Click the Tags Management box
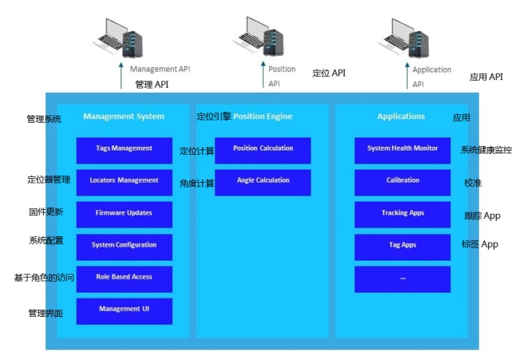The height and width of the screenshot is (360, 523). [x=125, y=150]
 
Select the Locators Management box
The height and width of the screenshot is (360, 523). [x=125, y=182]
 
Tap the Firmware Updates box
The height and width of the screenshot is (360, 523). [x=125, y=215]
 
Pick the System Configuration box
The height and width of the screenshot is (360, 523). [x=125, y=247]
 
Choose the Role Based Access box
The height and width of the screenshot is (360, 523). [x=125, y=279]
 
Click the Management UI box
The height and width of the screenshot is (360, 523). [x=125, y=311]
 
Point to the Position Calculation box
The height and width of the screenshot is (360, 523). [x=263, y=150]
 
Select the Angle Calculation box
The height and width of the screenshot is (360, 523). [x=263, y=182]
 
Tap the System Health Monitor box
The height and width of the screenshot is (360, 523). [x=402, y=150]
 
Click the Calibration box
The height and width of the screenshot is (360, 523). [x=402, y=182]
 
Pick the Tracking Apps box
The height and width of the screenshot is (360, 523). [x=402, y=215]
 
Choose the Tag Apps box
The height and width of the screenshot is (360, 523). [x=402, y=247]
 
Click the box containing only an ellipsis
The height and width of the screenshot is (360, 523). [x=402, y=279]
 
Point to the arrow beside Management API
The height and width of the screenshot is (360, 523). [x=121, y=76]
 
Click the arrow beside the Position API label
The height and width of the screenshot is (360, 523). [x=263, y=75]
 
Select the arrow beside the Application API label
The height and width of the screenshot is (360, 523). [x=407, y=76]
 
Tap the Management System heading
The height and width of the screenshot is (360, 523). [x=124, y=117]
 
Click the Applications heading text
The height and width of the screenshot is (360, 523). [x=402, y=117]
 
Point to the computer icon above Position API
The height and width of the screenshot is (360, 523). [x=259, y=37]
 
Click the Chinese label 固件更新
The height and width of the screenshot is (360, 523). [x=46, y=212]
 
